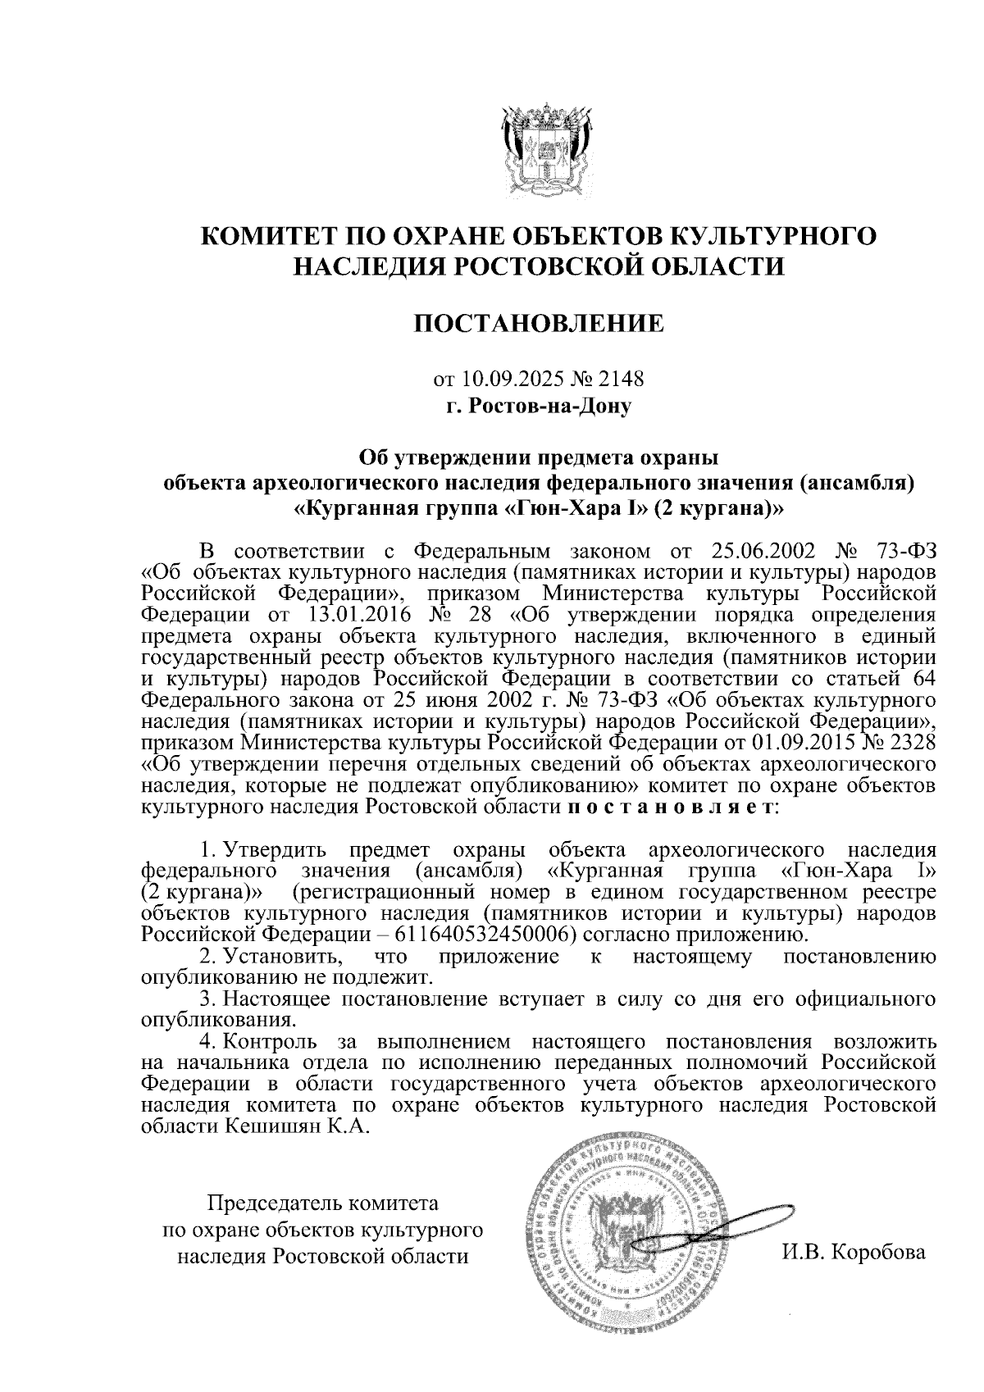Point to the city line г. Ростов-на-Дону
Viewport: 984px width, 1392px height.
539,405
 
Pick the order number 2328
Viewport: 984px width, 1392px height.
912,743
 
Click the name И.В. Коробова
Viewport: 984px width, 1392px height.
853,1252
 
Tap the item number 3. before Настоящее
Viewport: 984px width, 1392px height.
207,999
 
